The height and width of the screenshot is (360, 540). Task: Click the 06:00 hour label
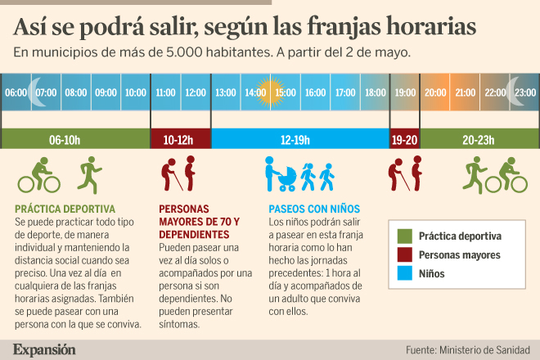click(x=16, y=93)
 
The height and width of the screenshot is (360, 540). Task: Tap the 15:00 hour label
click(x=286, y=93)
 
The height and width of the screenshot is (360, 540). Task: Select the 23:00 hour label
click(x=525, y=93)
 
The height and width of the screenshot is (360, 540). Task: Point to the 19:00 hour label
click(x=405, y=93)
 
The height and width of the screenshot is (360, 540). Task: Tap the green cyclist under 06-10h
click(x=34, y=174)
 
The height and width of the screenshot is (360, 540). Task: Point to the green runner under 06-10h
click(x=88, y=174)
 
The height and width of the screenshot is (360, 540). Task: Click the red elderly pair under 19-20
click(x=405, y=173)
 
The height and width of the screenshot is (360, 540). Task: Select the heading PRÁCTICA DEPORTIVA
click(x=65, y=209)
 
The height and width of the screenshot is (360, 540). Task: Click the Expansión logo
click(x=44, y=349)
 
